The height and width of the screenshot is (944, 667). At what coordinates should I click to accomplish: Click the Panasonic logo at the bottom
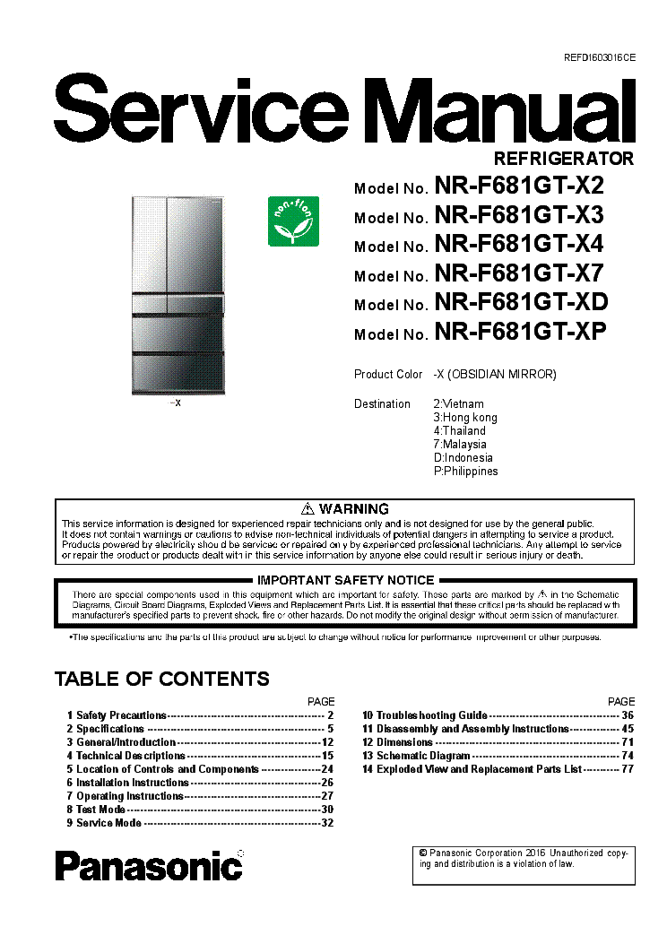coord(149,865)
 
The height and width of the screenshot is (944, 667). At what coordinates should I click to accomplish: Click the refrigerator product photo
coord(176,293)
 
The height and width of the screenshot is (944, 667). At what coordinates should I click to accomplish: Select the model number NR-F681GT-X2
coord(519,186)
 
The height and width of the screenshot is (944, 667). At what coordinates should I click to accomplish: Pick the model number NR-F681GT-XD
coord(521,303)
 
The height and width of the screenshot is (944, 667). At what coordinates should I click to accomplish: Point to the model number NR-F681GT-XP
coord(520,333)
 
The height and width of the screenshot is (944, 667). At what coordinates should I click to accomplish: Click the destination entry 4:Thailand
coord(460,430)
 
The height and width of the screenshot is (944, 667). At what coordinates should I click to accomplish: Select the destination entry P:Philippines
coord(465,471)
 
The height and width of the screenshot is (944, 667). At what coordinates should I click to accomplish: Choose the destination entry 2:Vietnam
coord(458,403)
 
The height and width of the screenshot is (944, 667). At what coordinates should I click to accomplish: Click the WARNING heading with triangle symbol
coord(345,508)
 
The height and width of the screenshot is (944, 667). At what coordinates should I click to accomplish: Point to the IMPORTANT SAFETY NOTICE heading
coord(345,580)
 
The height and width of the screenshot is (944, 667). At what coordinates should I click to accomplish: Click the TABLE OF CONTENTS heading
coord(162,679)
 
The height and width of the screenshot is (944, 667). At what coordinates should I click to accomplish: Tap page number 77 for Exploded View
coord(627,769)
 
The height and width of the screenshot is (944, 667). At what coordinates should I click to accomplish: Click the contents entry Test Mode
coord(100,810)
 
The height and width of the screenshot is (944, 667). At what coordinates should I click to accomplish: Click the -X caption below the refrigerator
coord(176,403)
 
